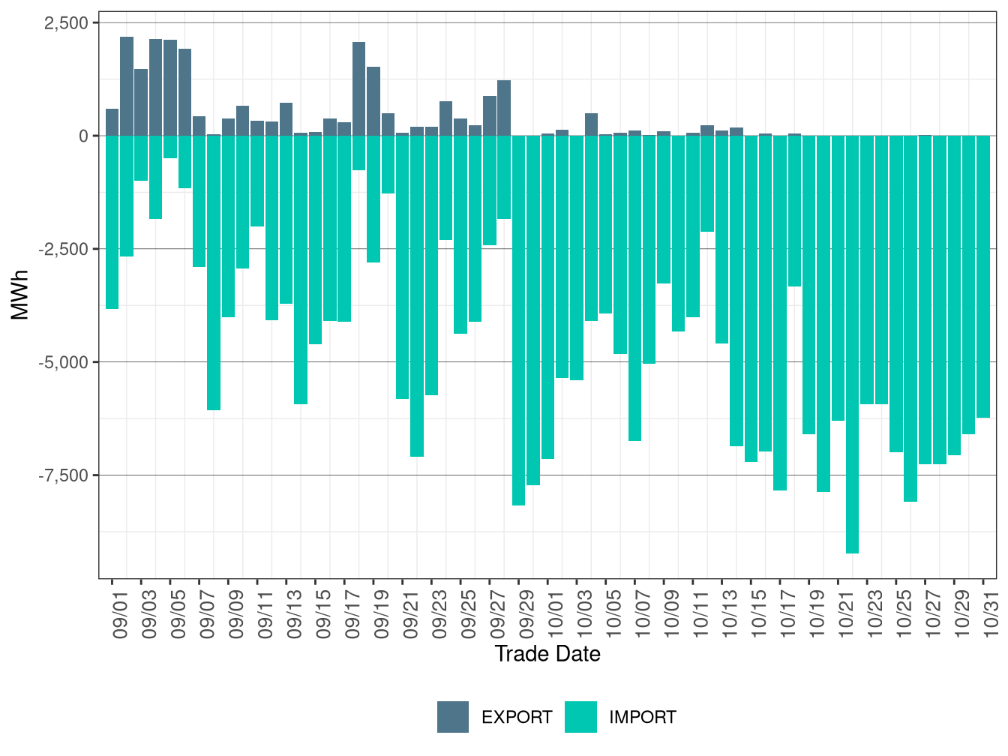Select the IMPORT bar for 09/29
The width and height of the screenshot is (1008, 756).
point(518,320)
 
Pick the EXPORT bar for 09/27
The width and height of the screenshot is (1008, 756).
point(490,115)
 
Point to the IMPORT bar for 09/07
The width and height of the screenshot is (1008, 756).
point(199,201)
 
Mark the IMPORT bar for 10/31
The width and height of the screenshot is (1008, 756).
point(983,277)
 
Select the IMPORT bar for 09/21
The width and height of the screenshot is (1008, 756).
point(403,267)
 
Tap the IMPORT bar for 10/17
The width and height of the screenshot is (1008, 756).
point(780,313)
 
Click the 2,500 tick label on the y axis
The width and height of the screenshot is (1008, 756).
point(66,23)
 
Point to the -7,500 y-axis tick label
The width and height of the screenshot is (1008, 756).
point(63,475)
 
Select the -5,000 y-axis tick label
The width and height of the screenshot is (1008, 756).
point(63,362)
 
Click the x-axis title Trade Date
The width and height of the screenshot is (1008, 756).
point(547,654)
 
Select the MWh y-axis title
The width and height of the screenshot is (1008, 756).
point(20,295)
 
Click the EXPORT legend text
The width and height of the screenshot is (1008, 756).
point(517,718)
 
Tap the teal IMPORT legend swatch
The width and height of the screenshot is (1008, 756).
point(581,717)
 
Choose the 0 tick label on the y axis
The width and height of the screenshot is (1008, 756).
point(83,136)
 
